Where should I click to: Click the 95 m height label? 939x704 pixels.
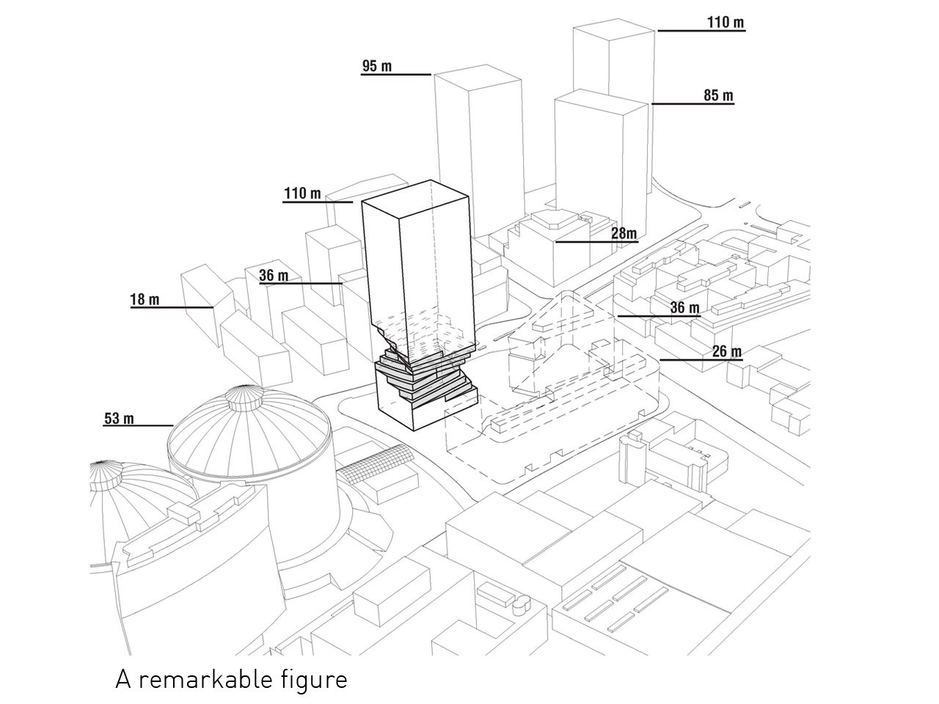(377, 67)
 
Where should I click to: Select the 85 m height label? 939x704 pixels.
(718, 95)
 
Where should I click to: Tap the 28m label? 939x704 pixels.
(624, 233)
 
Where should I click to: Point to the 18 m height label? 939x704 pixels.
(145, 299)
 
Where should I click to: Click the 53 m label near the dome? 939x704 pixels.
(119, 419)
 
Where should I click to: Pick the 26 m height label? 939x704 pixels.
(726, 351)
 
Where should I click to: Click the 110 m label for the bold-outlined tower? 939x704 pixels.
(302, 194)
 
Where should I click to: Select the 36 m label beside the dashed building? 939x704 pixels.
(684, 307)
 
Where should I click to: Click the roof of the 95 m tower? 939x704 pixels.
(478, 79)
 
